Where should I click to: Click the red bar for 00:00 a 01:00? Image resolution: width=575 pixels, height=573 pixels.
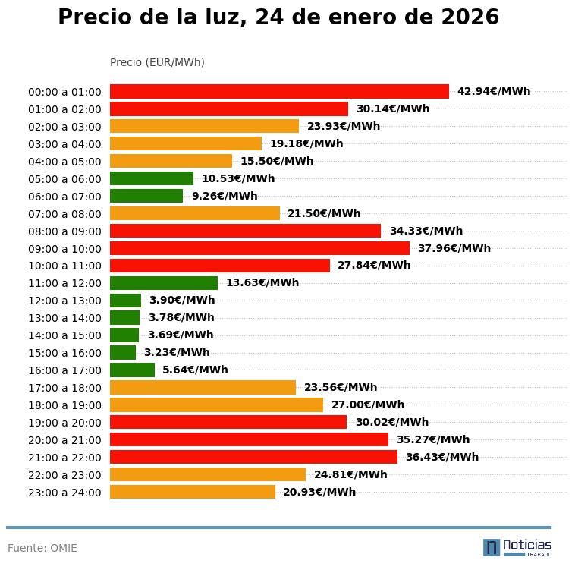279,92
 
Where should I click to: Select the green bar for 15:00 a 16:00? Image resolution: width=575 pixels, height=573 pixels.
123,353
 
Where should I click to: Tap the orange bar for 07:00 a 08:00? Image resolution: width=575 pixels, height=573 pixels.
195,214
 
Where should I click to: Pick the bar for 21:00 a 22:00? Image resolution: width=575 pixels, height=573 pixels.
253,458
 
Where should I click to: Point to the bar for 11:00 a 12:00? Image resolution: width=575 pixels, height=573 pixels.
164,283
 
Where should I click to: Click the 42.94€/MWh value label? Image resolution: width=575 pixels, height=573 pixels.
494,92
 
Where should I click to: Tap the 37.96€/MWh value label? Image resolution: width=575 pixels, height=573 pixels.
454,249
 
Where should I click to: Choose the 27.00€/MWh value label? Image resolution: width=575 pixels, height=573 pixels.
368,405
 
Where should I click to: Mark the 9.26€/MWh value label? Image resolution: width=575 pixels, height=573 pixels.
225,197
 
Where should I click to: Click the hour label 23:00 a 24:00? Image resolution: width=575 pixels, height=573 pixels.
64,493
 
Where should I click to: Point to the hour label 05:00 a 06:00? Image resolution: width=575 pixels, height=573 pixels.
64,179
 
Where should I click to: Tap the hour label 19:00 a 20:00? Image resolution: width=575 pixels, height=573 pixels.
64,423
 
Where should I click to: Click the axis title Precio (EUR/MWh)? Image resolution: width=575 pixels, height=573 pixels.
157,62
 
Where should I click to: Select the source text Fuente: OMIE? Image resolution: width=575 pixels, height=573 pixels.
42,548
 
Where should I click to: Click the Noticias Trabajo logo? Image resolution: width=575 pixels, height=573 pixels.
517,547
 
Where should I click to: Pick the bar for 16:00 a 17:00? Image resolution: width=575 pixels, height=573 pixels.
132,370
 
